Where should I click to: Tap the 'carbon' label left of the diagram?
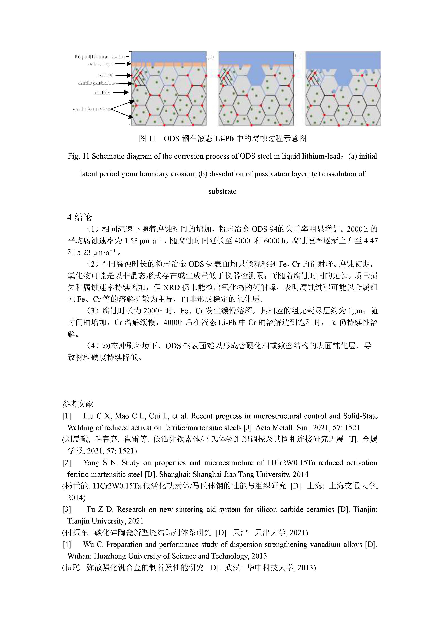(104, 75)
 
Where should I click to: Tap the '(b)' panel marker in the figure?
(210, 57)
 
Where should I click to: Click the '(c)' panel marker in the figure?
(298, 56)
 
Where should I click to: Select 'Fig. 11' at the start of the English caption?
(79, 156)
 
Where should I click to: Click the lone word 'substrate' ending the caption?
(222, 191)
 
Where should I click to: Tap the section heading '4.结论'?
(79, 217)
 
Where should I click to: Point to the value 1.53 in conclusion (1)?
(131, 241)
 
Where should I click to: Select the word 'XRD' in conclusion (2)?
(171, 287)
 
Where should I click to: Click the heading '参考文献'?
(78, 404)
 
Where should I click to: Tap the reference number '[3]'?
(67, 509)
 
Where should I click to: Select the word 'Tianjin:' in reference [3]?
(365, 509)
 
